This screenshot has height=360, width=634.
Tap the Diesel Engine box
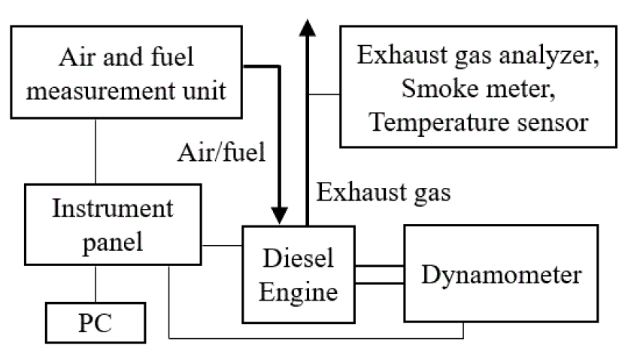(298, 274)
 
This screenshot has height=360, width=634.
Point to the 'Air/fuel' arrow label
(221, 154)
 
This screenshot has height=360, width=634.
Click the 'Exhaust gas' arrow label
(383, 193)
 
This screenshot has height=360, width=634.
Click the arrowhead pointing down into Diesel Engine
(280, 213)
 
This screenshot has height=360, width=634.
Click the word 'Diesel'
(299, 258)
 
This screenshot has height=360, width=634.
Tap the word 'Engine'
(298, 289)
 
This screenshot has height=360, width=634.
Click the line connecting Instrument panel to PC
(96, 283)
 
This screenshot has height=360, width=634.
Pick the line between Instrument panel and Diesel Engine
(223, 245)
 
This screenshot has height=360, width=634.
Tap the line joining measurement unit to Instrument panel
(96, 150)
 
